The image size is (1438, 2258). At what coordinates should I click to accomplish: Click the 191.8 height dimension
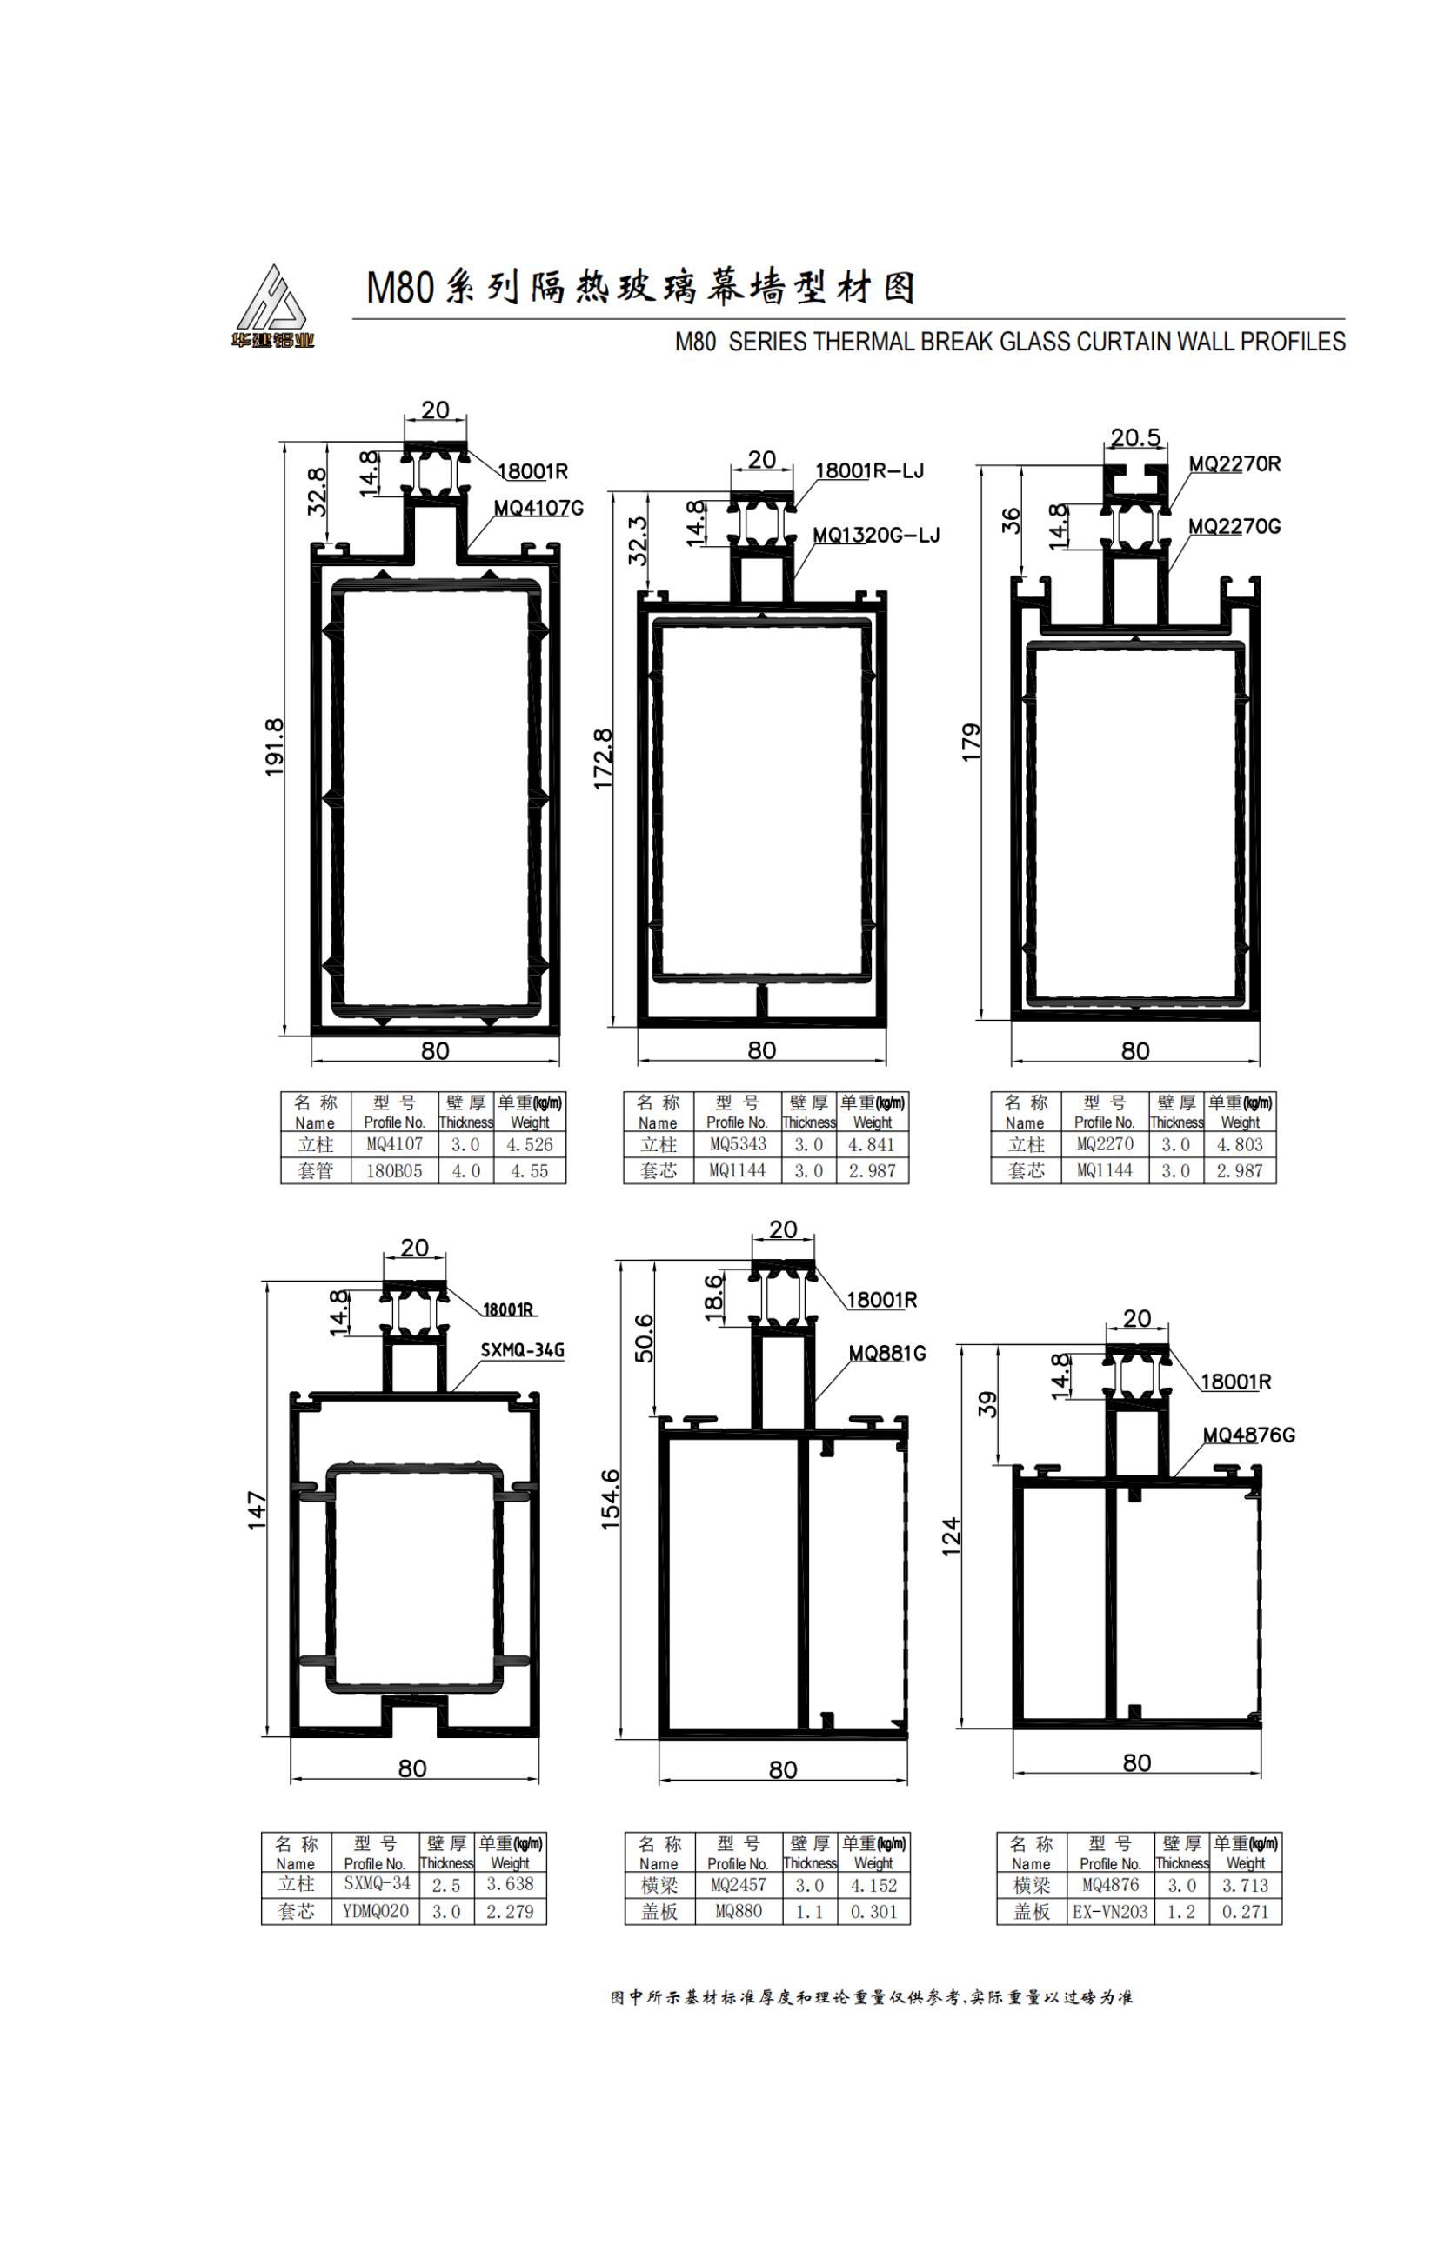274,748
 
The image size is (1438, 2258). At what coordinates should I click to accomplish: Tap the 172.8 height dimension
603,758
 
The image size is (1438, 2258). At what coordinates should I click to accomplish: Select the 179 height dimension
972,742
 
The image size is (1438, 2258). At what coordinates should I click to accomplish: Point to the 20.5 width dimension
1135,437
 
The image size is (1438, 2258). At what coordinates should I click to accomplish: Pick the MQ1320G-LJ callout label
875,535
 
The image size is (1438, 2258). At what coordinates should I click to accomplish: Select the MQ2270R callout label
1234,463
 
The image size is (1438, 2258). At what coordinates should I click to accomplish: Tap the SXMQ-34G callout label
523,1350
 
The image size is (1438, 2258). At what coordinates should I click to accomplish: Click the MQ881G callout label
887,1353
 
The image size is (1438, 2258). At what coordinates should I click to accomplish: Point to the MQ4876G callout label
1248,1435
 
